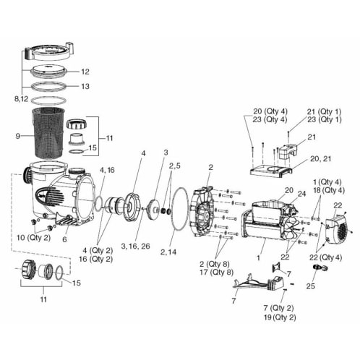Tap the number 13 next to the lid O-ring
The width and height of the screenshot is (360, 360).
(105, 86)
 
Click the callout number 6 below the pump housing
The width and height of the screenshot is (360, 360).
(65, 239)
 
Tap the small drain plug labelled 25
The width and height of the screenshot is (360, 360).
(316, 269)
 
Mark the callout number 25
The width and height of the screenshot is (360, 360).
(312, 287)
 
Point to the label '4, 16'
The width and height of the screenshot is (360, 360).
(107, 169)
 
